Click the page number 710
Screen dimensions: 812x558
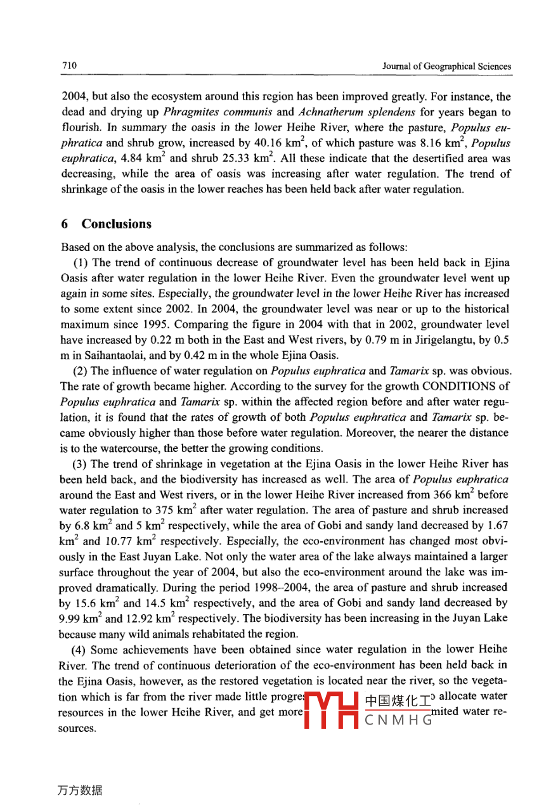click(68, 66)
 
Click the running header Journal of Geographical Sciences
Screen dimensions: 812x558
click(446, 67)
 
